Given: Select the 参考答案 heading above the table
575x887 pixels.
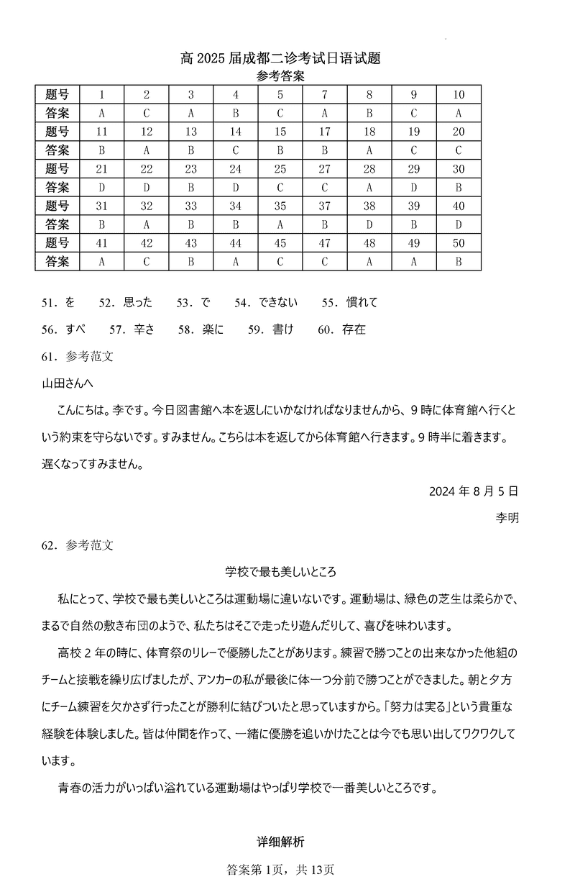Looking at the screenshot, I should (x=280, y=76).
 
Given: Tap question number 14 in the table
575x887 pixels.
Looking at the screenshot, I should (x=236, y=132).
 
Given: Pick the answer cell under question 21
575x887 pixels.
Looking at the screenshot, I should (x=101, y=188).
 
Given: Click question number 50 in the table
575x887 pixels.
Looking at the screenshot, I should (x=459, y=243).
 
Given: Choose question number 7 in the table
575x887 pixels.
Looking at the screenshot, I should (x=325, y=95).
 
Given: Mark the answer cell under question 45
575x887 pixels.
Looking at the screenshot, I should (x=280, y=262).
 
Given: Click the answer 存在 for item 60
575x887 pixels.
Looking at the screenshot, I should (x=354, y=329).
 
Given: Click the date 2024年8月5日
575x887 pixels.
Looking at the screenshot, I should (x=473, y=492).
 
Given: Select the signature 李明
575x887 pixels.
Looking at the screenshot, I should (x=507, y=518).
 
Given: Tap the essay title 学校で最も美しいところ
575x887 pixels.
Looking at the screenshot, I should (x=281, y=572).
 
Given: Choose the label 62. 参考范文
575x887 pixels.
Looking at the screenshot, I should (x=78, y=545).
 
